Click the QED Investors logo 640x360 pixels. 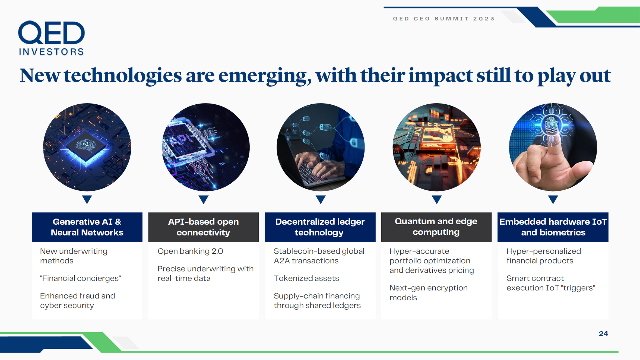(51, 38)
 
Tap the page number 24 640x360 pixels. (603, 334)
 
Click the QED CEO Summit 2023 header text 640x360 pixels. (444, 19)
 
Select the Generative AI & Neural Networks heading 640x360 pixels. (87, 227)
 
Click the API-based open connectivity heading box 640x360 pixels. (203, 227)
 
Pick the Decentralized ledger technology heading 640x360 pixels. (320, 227)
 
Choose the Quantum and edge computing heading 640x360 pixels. (436, 227)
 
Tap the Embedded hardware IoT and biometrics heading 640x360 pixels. (553, 227)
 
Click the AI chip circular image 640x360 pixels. (87, 147)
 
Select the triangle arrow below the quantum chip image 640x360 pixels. (437, 199)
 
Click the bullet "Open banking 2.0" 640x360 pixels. (190, 251)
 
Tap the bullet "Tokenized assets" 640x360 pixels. (306, 278)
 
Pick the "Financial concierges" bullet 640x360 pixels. (80, 278)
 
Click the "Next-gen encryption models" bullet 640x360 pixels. (429, 293)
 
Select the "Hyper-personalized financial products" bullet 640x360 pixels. (544, 256)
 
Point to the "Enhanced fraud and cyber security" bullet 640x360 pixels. (78, 301)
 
